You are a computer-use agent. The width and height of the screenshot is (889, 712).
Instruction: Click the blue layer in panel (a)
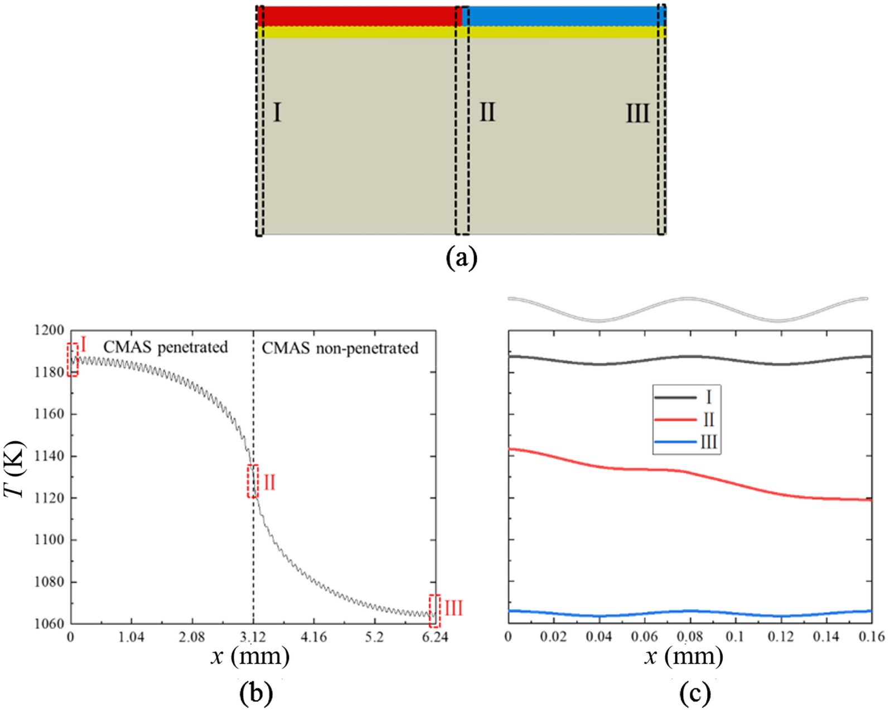563,16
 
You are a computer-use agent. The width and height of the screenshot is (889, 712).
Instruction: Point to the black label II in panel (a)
487,113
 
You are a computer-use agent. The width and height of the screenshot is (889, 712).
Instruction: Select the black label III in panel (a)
637,114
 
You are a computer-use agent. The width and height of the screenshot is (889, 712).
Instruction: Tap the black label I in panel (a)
277,113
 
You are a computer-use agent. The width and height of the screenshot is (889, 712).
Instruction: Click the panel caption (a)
462,258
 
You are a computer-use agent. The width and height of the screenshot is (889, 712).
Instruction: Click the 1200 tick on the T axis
49,330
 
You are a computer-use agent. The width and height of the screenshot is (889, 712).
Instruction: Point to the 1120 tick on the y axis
49,498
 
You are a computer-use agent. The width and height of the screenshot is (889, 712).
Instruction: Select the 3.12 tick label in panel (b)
253,637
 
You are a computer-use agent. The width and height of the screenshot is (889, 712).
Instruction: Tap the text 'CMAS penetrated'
166,347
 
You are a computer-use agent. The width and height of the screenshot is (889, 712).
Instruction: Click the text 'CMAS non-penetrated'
340,348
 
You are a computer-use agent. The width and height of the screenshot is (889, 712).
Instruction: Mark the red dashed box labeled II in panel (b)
253,481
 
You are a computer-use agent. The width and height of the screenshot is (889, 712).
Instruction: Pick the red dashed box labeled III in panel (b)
434,611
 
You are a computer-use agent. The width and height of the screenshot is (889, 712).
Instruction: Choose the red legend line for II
675,420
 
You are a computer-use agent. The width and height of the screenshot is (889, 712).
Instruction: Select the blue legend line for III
675,442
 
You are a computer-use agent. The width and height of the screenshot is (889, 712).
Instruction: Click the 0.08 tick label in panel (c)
690,637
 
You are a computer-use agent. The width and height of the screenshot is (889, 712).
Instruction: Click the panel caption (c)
695,694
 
